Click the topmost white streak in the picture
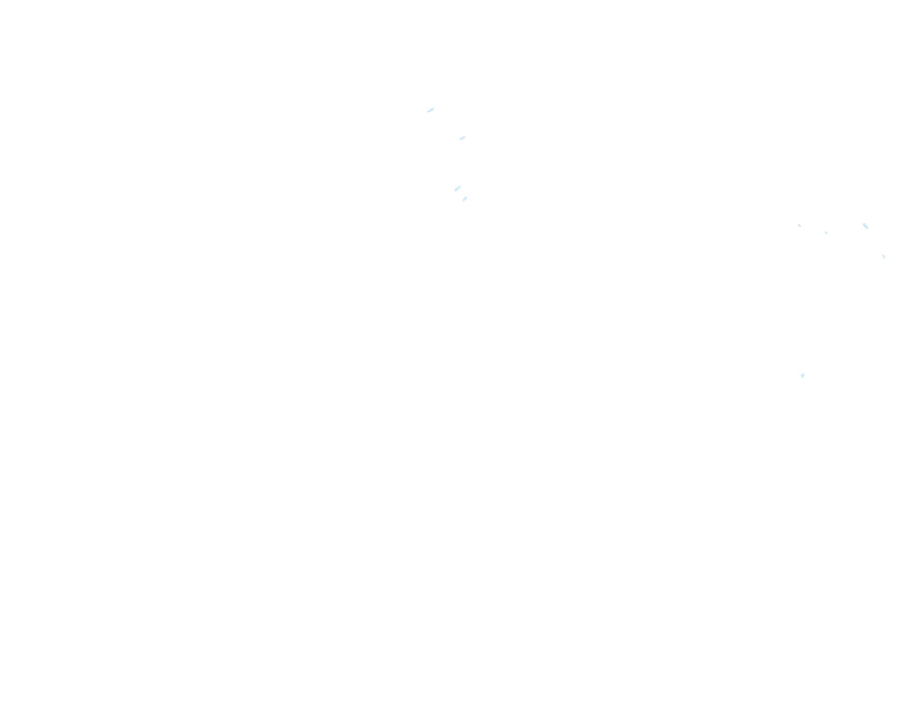point(431,110)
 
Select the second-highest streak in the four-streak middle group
point(462,138)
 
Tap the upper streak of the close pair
point(458,188)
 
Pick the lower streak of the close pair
point(465,199)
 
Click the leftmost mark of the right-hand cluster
point(799,226)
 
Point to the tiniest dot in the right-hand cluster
point(826,233)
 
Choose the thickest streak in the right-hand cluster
point(865,226)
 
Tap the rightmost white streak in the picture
point(884,256)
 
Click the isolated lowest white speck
point(802,375)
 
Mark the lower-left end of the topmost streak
point(428,112)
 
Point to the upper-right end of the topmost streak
point(433,109)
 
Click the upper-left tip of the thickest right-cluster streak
point(863,224)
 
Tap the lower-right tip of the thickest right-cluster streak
point(868,229)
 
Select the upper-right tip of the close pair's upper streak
point(460,186)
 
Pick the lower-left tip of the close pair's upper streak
point(455,190)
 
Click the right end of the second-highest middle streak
point(465,137)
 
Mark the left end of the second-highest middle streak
point(460,139)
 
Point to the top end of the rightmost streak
point(883,255)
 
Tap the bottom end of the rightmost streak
point(885,258)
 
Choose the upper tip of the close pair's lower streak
point(466,197)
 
